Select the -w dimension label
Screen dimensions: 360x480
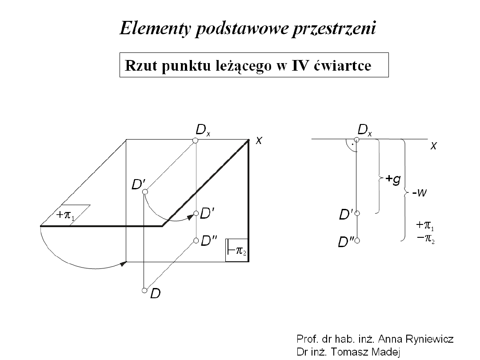(418, 193)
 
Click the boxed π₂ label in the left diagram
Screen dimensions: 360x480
(236, 251)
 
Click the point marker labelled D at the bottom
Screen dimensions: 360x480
(144, 291)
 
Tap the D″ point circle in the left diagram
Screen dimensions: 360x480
(196, 241)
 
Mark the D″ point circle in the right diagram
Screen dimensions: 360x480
(356, 241)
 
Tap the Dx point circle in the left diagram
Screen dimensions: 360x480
(195, 140)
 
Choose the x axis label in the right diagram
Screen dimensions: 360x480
(433, 146)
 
